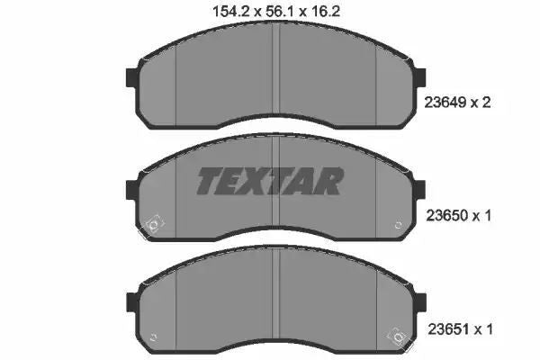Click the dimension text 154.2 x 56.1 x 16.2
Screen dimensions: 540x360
click(276, 12)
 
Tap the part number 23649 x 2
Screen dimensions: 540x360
click(457, 103)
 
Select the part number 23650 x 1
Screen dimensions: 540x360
click(458, 216)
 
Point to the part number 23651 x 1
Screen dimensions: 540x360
click(460, 329)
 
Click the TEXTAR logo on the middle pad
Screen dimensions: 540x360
click(270, 181)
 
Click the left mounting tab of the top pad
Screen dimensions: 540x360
click(132, 78)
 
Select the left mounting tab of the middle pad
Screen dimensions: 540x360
click(132, 190)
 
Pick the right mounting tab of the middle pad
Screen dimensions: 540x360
click(419, 190)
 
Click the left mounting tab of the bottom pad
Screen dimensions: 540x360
click(133, 302)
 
